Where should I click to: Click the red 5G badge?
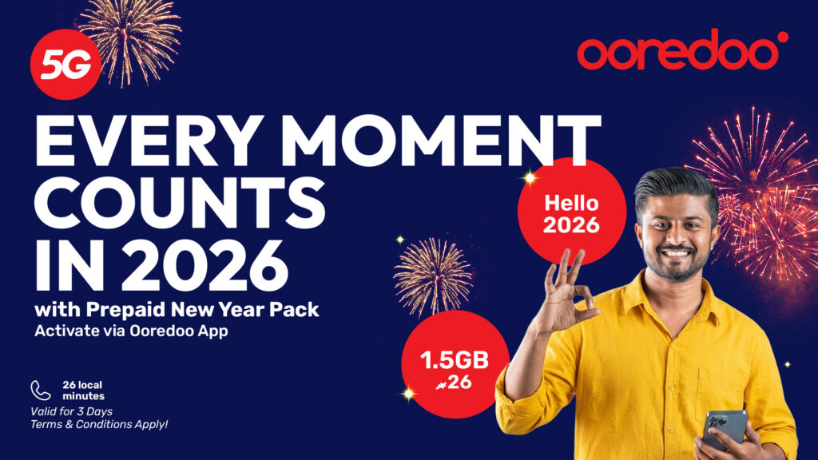(66, 64)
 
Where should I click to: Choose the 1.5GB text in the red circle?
(455, 360)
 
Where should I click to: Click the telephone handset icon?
(40, 390)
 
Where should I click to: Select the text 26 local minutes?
(83, 391)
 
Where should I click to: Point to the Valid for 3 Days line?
(71, 411)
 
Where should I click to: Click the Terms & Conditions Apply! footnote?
(99, 425)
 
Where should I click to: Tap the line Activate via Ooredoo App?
(131, 331)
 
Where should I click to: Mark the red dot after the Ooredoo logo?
(783, 37)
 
